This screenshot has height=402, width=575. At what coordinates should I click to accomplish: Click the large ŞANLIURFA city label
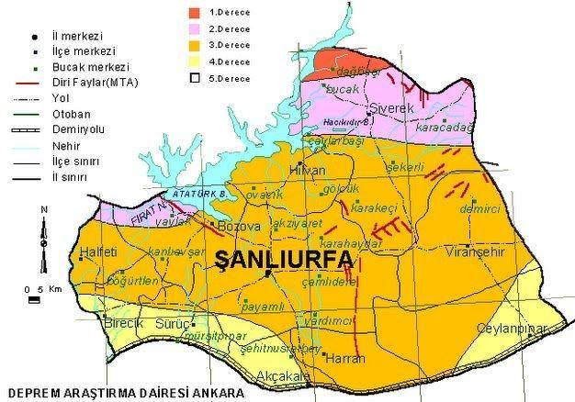coord(283,259)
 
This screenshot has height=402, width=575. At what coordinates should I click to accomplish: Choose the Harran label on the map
coord(340,358)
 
